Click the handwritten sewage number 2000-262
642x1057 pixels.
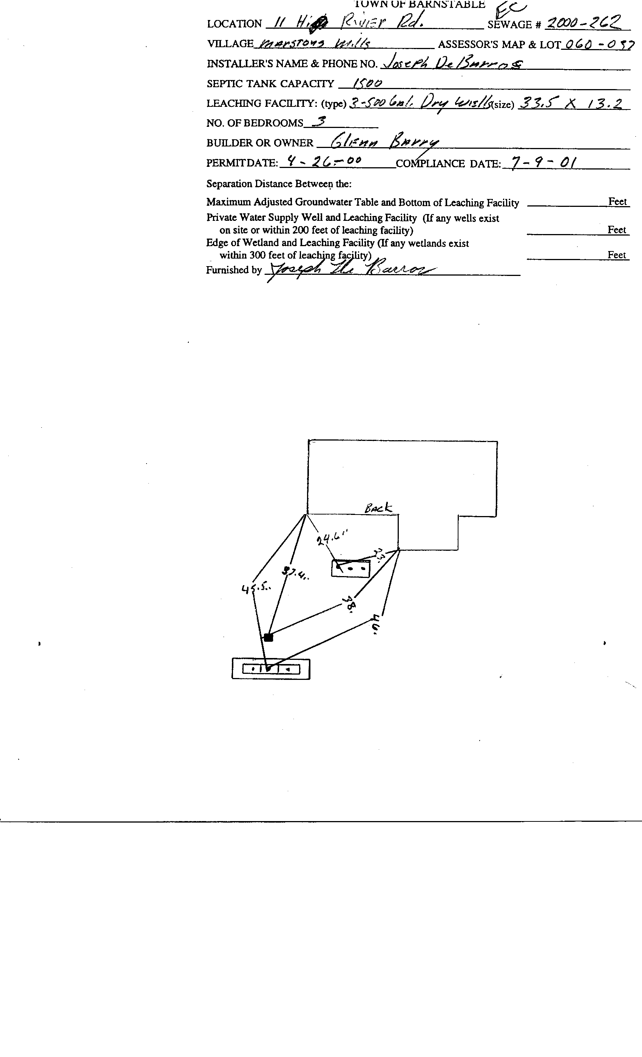tap(582, 22)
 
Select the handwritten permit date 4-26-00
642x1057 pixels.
tap(324, 161)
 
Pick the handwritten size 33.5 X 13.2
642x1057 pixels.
tap(570, 103)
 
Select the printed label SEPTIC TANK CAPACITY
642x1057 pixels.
tap(270, 84)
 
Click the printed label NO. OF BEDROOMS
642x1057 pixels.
tap(255, 123)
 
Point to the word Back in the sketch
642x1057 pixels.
tap(378, 509)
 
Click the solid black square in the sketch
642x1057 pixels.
tap(269, 637)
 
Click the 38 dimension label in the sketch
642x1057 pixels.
tap(350, 605)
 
